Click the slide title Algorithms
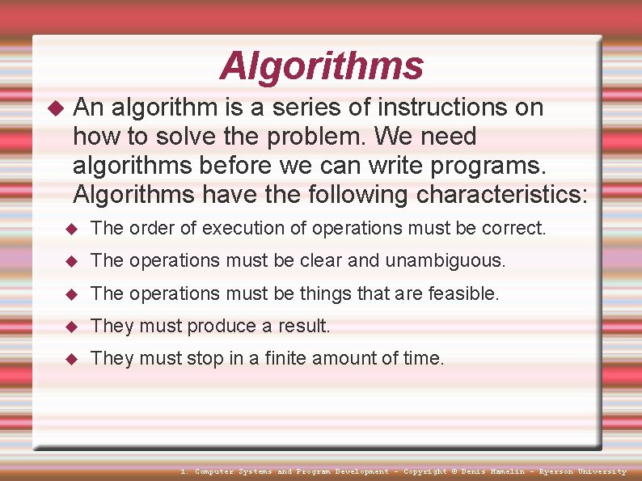pyautogui.click(x=321, y=66)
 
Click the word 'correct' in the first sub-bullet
pyautogui.click(x=513, y=229)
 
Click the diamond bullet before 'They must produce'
pyautogui.click(x=70, y=327)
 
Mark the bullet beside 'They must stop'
pyautogui.click(x=70, y=359)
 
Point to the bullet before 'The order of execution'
pyautogui.click(x=70, y=230)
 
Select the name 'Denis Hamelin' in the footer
pyautogui.click(x=495, y=471)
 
